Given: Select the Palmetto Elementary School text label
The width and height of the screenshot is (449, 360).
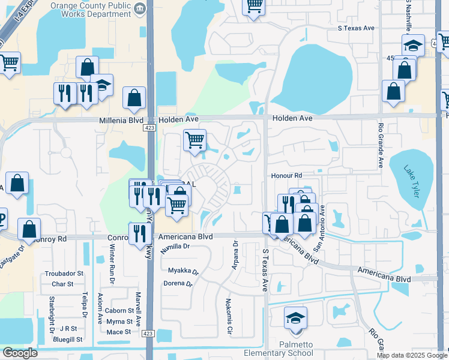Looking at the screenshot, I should tap(297, 349).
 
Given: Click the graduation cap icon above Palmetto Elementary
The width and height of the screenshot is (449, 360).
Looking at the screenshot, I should tap(295, 319).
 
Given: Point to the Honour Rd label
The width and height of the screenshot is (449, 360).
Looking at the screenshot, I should tap(285, 175).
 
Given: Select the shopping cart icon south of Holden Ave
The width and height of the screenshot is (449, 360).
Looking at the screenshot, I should tap(194, 141).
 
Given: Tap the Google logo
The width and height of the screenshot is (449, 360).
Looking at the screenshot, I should tap(20, 353).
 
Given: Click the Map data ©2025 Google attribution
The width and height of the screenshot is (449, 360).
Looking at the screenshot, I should tap(411, 355).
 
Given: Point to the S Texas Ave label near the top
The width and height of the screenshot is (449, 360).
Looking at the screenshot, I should tap(356, 28).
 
